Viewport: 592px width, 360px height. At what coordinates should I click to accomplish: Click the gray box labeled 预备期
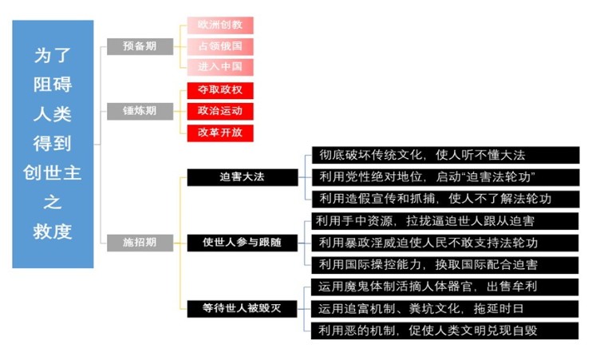(140, 46)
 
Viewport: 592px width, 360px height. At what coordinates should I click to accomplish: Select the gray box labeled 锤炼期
(140, 111)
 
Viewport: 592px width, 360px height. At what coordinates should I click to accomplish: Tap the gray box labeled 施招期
(140, 243)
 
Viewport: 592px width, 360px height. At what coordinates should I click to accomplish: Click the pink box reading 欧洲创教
(220, 26)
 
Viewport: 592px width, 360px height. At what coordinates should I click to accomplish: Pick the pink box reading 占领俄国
(220, 46)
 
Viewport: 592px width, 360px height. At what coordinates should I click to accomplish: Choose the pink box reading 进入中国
(220, 67)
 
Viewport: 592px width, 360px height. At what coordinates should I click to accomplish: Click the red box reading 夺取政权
(220, 90)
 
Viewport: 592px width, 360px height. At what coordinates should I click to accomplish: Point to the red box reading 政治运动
(220, 112)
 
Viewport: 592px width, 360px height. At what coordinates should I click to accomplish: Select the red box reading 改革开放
(220, 133)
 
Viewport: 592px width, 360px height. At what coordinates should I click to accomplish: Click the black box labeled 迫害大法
(243, 177)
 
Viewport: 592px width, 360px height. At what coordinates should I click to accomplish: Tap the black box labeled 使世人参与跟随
(243, 243)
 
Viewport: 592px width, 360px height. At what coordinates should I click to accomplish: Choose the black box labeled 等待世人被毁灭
(243, 309)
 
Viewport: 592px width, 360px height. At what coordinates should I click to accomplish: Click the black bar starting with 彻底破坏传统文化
(445, 156)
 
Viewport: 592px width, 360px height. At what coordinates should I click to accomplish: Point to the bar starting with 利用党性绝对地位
(445, 177)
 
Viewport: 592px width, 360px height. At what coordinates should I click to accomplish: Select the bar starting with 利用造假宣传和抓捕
(445, 199)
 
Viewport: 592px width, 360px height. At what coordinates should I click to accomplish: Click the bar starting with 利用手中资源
(444, 221)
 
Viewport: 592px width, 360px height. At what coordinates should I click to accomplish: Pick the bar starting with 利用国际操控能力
(444, 265)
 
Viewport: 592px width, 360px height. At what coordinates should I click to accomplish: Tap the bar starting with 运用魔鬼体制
(444, 287)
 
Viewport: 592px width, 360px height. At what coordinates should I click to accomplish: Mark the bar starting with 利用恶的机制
(444, 330)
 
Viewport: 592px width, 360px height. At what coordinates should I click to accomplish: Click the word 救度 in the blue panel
(53, 231)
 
